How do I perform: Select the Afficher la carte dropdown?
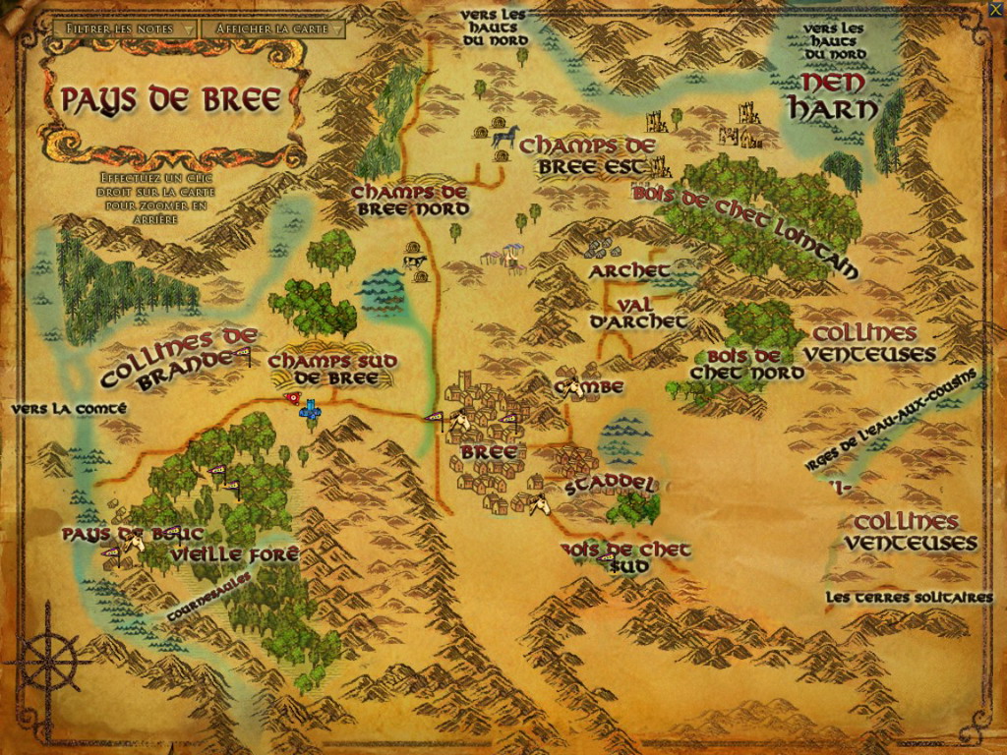tap(272, 29)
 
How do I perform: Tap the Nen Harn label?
tap(833, 95)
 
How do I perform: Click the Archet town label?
tap(629, 270)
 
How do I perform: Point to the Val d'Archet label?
tap(638, 314)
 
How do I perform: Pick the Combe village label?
tap(589, 387)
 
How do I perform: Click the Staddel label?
tap(611, 486)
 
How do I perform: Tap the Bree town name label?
tap(482, 452)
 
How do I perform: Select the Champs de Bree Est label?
tap(587, 156)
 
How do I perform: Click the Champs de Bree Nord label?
tap(409, 200)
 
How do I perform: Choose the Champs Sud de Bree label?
tap(331, 370)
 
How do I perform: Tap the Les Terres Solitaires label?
tap(909, 597)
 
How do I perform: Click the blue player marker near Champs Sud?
tap(311, 410)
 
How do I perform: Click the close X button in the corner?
tap(995, 11)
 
